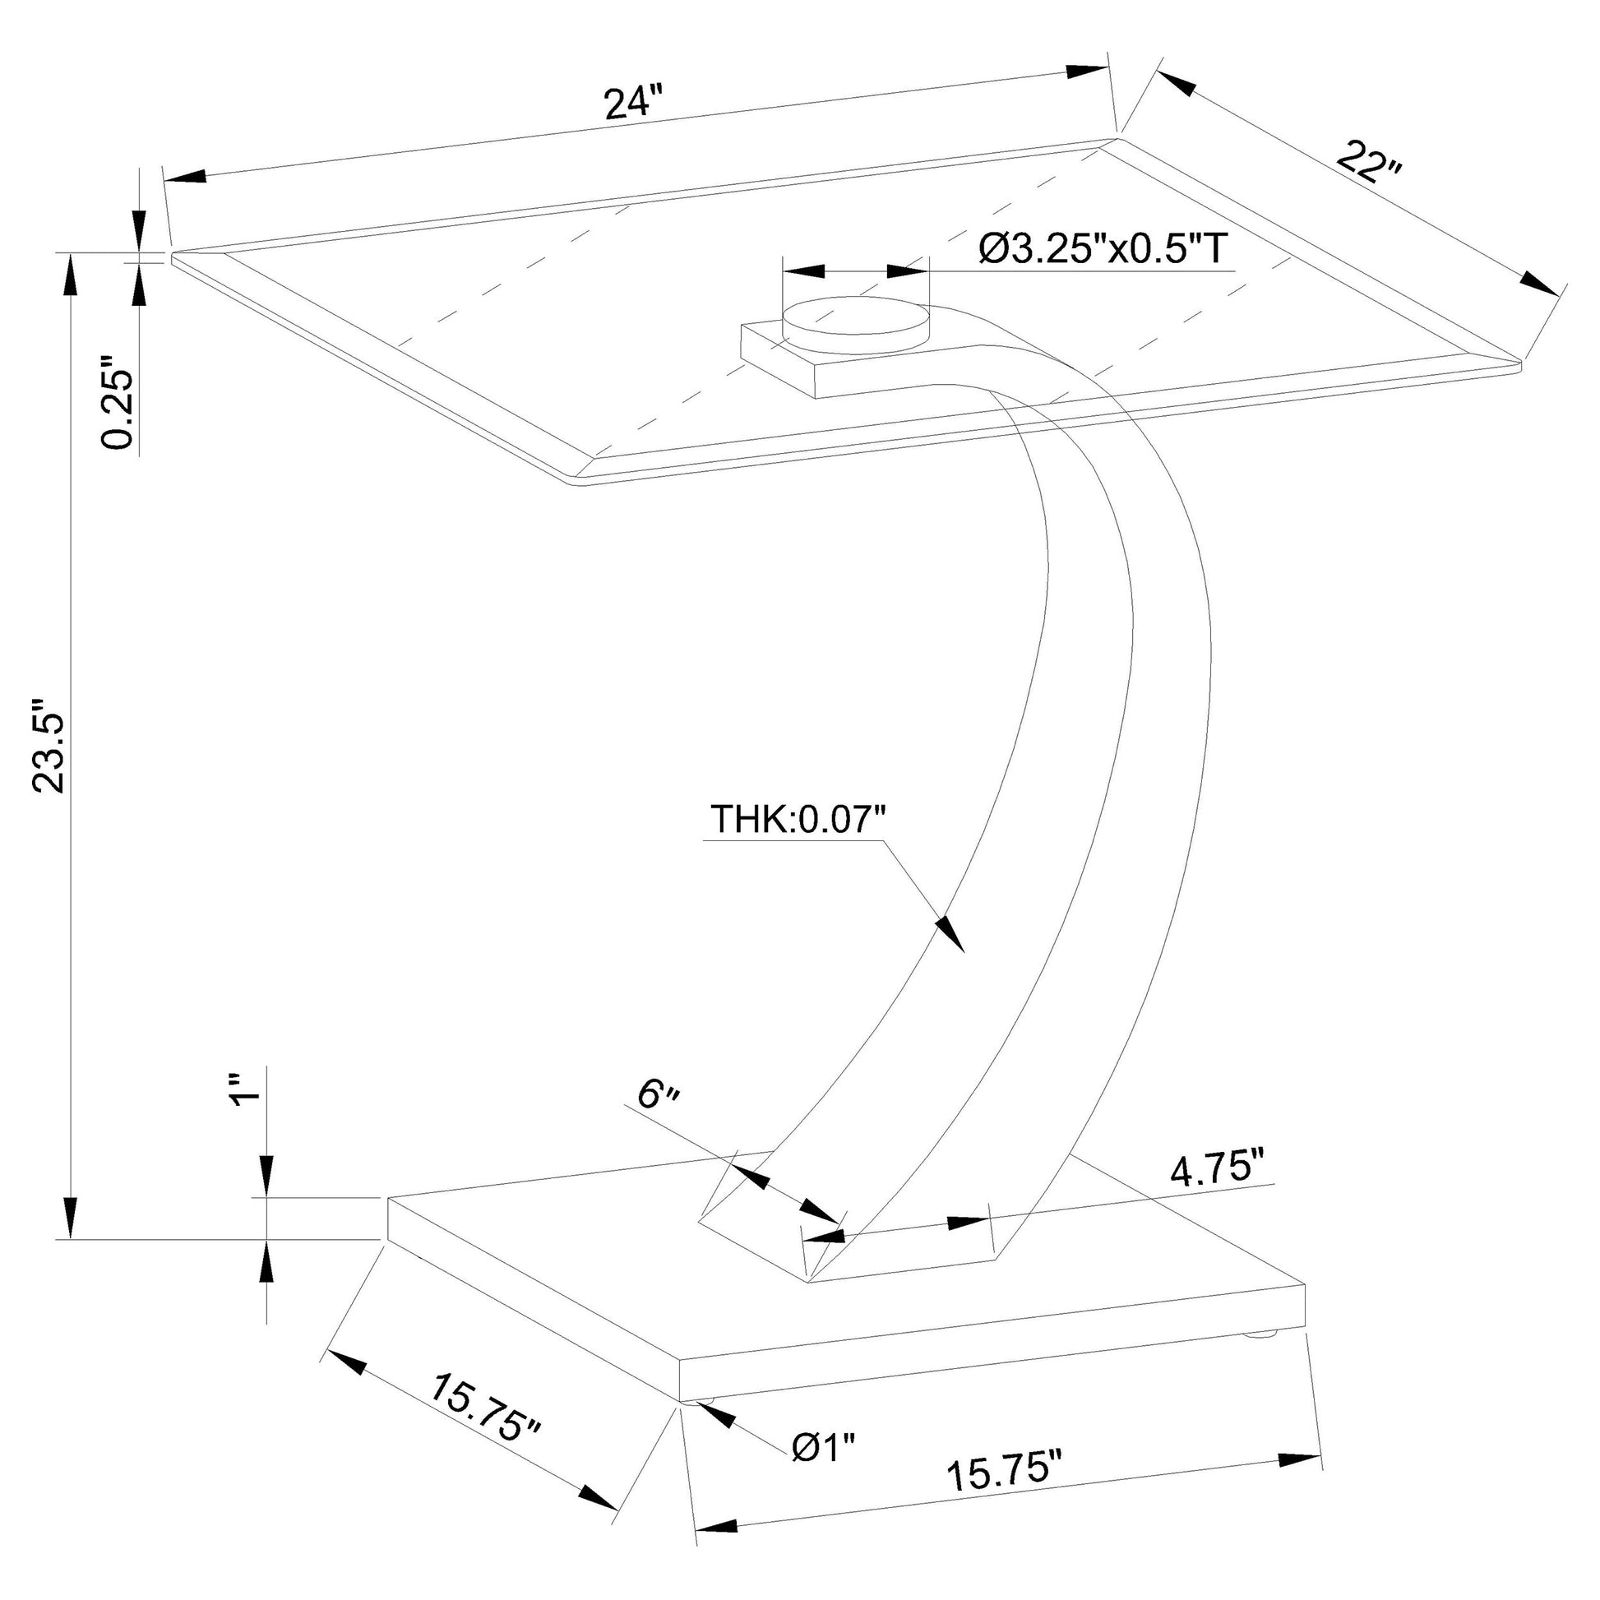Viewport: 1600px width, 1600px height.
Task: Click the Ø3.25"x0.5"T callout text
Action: coord(1103,247)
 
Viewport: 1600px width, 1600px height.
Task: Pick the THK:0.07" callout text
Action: coord(798,819)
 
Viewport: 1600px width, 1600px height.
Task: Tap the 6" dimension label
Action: coord(659,1096)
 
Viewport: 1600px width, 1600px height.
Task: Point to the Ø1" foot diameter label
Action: coord(823,1448)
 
